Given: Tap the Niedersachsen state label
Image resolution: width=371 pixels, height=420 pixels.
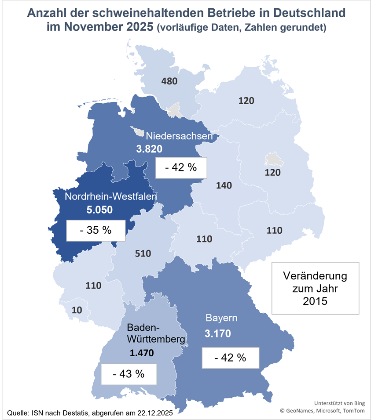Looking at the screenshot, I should [179, 136].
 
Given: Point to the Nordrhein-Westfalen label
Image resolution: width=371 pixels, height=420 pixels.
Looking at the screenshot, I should [110, 197].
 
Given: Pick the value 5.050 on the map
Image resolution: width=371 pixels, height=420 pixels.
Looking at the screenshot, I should [99, 210].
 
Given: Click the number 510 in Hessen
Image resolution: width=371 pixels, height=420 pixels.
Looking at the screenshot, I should [143, 253].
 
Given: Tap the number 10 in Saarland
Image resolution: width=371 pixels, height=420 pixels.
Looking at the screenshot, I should [77, 310].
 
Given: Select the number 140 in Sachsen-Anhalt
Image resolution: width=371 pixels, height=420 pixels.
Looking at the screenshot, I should [224, 185].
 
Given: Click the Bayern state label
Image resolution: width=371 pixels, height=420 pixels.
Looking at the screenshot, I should [222, 318].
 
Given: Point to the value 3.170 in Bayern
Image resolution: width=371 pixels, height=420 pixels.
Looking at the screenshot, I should [217, 333].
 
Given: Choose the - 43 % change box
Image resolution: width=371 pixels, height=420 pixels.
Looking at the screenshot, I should [129, 374].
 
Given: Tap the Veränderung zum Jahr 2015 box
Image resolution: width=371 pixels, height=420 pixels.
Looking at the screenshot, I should [315, 288].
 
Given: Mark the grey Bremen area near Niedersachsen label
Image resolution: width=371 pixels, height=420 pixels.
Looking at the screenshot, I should [137, 131].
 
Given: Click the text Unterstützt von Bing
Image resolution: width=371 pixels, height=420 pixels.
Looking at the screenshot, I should [339, 403].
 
